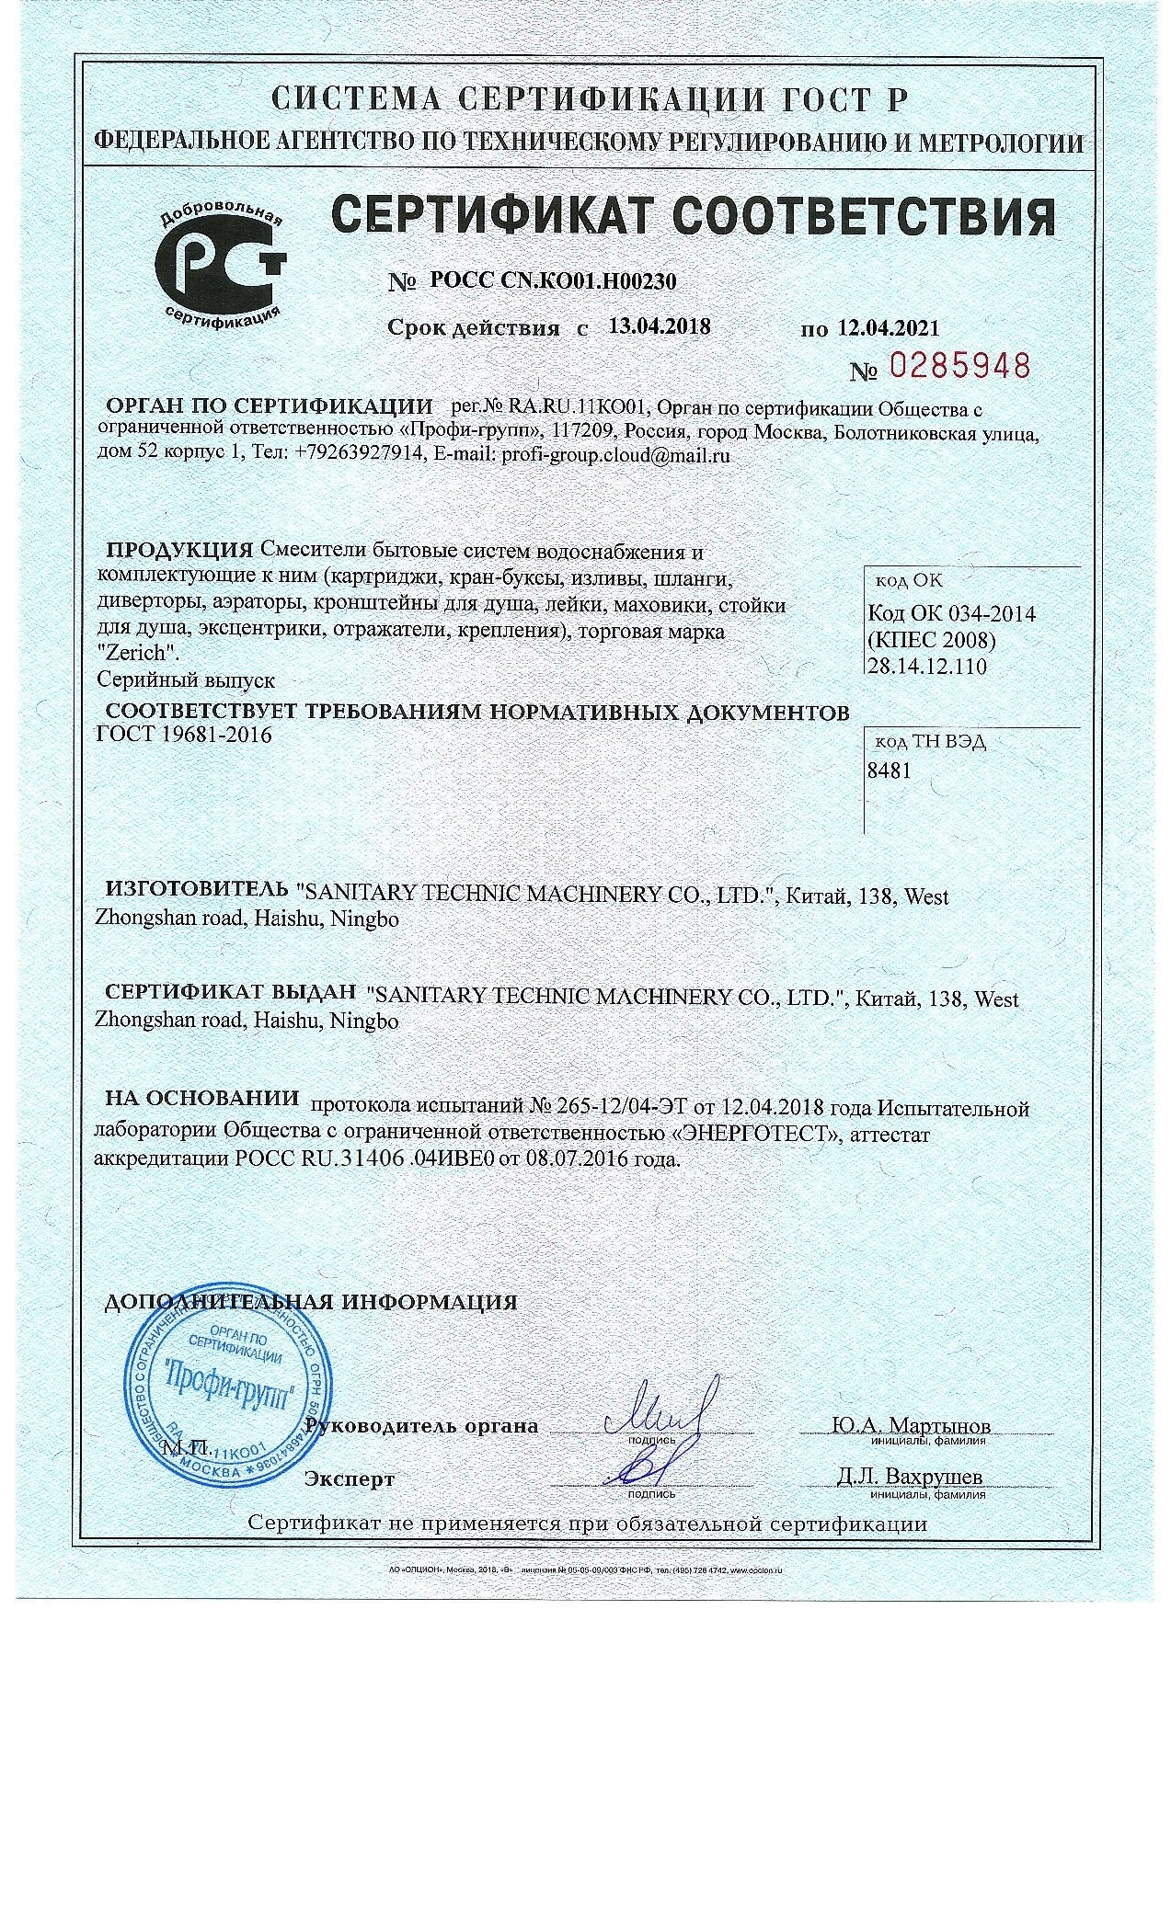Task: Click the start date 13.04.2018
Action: [x=660, y=325]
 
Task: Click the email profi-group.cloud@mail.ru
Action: [x=615, y=454]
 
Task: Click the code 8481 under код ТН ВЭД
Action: [x=890, y=770]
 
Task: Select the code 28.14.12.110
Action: [x=926, y=666]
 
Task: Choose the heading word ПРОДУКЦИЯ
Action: [x=180, y=551]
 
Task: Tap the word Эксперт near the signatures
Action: [x=350, y=1479]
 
